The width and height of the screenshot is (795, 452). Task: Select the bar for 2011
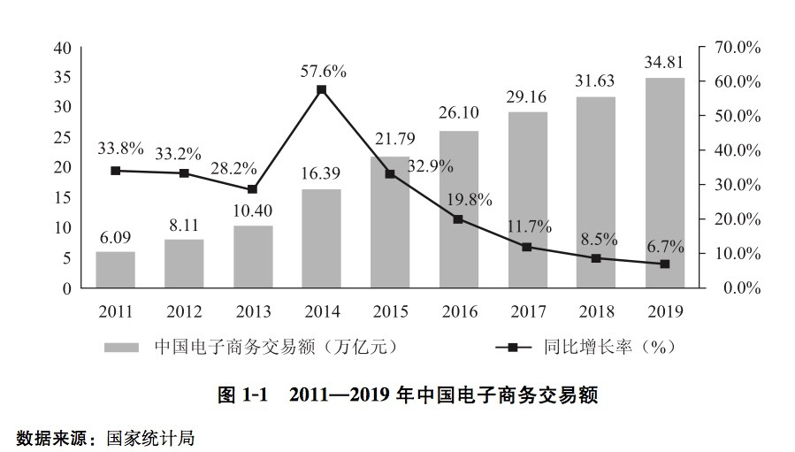115,270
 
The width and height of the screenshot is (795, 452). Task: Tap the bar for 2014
321,239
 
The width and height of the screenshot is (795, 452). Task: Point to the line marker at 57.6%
321,90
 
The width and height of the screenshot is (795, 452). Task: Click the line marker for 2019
664,264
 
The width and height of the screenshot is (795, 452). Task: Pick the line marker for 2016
458,218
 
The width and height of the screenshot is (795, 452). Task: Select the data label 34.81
664,64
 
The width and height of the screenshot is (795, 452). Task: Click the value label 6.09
115,238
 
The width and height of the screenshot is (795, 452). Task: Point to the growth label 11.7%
527,226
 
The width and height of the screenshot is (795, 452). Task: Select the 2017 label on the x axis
527,311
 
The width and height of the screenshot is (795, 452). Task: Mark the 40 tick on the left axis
62,47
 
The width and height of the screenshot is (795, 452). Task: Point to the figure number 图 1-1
242,395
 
